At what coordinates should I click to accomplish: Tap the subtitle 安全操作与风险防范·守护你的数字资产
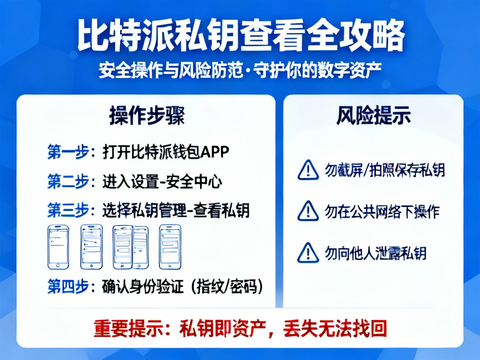pyautogui.click(x=240, y=71)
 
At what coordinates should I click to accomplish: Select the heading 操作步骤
pyautogui.click(x=147, y=115)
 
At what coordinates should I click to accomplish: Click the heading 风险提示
pyautogui.click(x=373, y=115)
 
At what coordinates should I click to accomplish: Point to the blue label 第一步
pyautogui.click(x=68, y=152)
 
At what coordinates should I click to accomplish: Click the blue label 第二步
pyautogui.click(x=68, y=182)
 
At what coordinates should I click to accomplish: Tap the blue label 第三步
pyautogui.click(x=68, y=211)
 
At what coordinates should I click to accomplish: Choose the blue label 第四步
pyautogui.click(x=68, y=287)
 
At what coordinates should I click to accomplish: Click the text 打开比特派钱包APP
pyautogui.click(x=166, y=152)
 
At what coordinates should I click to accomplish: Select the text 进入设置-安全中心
pyautogui.click(x=162, y=182)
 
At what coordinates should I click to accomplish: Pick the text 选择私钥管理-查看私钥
pyautogui.click(x=176, y=211)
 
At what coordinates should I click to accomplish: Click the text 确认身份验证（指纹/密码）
pyautogui.click(x=182, y=287)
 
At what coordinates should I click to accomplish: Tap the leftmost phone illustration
pyautogui.click(x=58, y=247)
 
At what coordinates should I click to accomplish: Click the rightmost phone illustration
pyautogui.click(x=170, y=247)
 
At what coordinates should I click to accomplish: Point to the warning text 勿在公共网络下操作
pyautogui.click(x=382, y=212)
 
